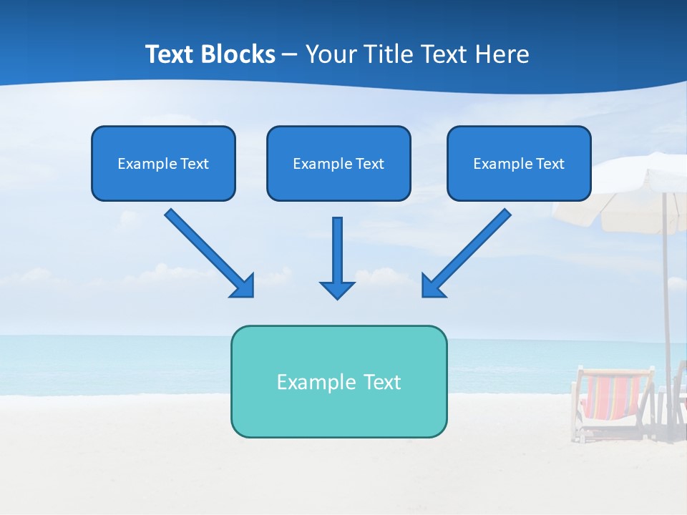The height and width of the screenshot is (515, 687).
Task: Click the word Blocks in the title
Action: [237, 54]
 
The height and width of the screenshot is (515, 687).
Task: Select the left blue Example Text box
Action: [163, 163]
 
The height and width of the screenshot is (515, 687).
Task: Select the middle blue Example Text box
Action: [338, 163]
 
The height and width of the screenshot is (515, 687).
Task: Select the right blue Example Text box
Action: [519, 163]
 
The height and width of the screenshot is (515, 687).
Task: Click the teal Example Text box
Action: [338, 381]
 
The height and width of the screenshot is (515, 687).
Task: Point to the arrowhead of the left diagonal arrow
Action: [243, 286]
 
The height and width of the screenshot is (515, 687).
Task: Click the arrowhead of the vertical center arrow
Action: [337, 289]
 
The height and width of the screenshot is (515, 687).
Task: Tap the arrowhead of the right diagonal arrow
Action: [432, 286]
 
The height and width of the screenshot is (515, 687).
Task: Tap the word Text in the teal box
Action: [381, 381]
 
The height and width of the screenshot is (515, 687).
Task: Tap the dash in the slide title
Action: [290, 55]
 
